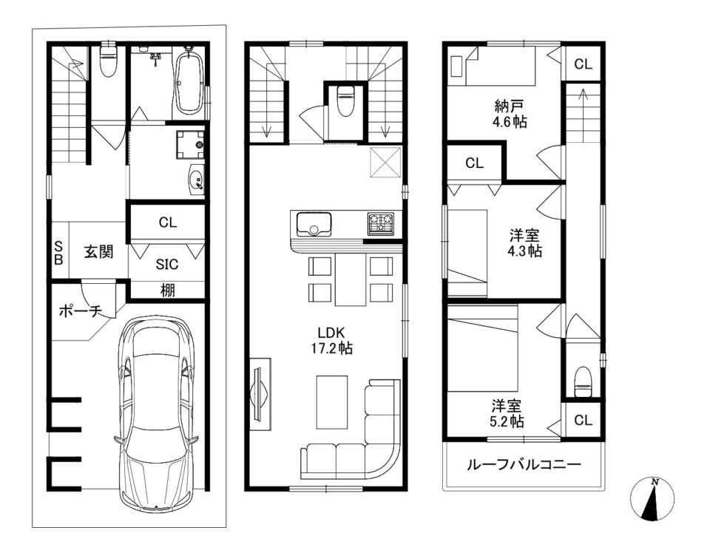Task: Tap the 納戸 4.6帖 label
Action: pos(510,114)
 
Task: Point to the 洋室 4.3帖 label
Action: pos(524,243)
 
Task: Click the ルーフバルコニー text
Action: pos(524,465)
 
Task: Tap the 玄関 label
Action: pos(98,251)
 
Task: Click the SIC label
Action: pos(167,264)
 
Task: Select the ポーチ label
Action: pos(81,311)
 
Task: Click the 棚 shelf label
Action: pos(168,290)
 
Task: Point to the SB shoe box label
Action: pos(58,253)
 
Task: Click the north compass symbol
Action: pos(652,498)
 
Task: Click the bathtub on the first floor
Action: pos(189,84)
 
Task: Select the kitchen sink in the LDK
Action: pos(314,223)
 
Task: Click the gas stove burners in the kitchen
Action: pos(381,223)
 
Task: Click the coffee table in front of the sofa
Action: pos(332,402)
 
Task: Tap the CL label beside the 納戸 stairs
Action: pos(584,64)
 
